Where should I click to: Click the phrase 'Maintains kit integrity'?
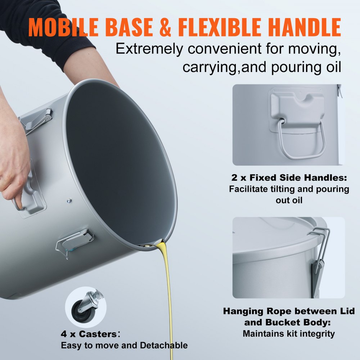(x=288, y=334)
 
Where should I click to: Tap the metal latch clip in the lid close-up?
(x=318, y=252)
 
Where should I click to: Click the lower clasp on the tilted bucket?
(x=75, y=241)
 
